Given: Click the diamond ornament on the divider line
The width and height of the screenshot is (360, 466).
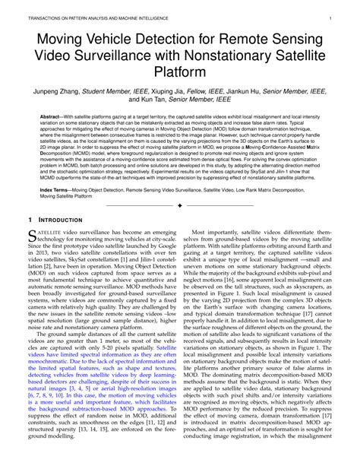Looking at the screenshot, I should click(179, 206).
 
